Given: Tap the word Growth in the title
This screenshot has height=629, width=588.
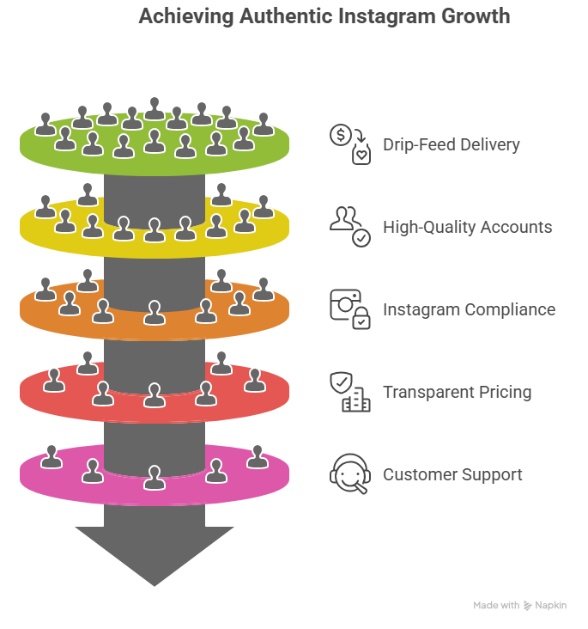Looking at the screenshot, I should point(473,16).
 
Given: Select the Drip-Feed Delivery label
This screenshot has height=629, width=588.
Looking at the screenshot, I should point(452,144).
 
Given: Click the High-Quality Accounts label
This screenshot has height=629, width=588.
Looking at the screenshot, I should point(468,227).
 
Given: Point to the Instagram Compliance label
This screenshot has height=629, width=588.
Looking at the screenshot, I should point(469,309).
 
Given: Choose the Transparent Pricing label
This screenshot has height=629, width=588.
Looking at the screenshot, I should point(457,392).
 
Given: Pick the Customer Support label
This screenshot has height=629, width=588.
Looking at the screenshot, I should point(452,474).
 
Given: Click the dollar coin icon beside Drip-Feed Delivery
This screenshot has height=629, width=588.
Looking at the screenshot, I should point(341,134).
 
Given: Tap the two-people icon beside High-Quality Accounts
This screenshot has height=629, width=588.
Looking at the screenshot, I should point(343,218).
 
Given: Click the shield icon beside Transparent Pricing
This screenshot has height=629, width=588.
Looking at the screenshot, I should point(342,382).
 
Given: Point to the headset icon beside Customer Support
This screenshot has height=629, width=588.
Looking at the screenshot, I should point(349,473).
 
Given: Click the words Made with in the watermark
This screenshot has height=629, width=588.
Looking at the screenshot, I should point(496,606).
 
